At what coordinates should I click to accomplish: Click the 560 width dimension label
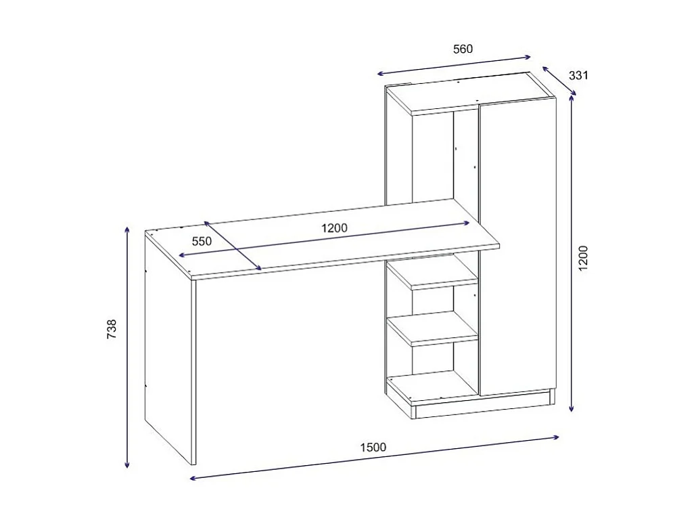tap(463, 49)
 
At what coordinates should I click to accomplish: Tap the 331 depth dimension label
tap(578, 75)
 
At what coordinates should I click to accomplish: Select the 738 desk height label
tap(112, 328)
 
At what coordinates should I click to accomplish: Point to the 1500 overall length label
tap(373, 447)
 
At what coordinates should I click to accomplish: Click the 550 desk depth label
tap(202, 241)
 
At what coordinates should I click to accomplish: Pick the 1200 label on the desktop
tap(334, 228)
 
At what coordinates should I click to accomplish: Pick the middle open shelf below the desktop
tap(433, 330)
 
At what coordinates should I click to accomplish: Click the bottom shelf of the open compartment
tap(433, 386)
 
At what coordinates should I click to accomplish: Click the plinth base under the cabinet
tap(484, 405)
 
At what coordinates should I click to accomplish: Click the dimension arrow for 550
tap(233, 246)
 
